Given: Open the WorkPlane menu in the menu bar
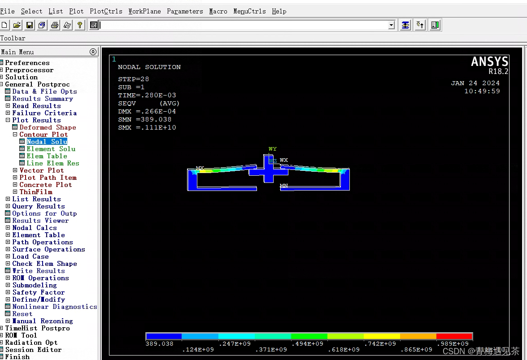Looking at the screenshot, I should pyautogui.click(x=144, y=11).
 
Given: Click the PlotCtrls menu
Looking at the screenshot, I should pyautogui.click(x=106, y=11).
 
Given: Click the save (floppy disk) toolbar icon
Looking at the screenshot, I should pyautogui.click(x=30, y=25).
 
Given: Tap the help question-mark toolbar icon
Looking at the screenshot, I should pyautogui.click(x=80, y=25).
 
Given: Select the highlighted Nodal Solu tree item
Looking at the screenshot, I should pyautogui.click(x=47, y=142).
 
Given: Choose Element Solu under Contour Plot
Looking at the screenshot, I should pyautogui.click(x=51, y=149).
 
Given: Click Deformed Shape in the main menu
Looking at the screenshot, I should pyautogui.click(x=48, y=127).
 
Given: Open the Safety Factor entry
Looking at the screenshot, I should pyautogui.click(x=39, y=292).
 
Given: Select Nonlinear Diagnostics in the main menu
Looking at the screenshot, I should pyautogui.click(x=54, y=307).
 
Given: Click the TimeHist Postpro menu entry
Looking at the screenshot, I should pyautogui.click(x=37, y=328).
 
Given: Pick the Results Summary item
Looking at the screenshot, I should pyautogui.click(x=42, y=99).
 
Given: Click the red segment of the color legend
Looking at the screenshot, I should pyautogui.click(x=454, y=336).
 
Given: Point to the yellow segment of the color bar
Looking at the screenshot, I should pyautogui.click(x=381, y=336).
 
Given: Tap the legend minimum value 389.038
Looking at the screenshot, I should pyautogui.click(x=159, y=343).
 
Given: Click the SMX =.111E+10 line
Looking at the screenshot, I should pyautogui.click(x=147, y=128).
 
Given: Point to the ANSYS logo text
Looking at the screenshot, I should pyautogui.click(x=489, y=62).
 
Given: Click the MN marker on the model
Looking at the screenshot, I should pyautogui.click(x=283, y=186).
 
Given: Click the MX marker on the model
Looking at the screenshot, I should pyautogui.click(x=200, y=169).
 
